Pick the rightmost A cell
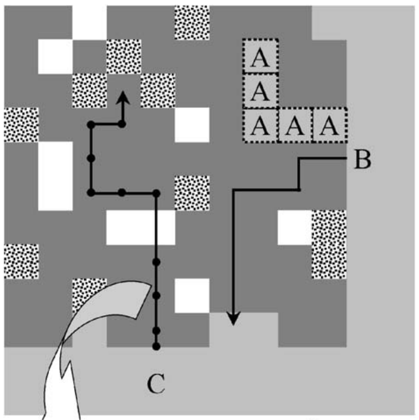pyautogui.click(x=329, y=126)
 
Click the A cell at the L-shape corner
pyautogui.click(x=260, y=126)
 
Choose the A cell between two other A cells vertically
pyautogui.click(x=260, y=92)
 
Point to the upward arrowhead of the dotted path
pyautogui.click(x=124, y=98)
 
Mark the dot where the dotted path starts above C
pyautogui.click(x=156, y=346)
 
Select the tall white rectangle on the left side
pyautogui.click(x=55, y=176)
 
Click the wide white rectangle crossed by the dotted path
pyautogui.click(x=140, y=227)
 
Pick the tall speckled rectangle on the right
pyautogui.click(x=329, y=244)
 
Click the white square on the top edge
pyautogui.click(x=89, y=20)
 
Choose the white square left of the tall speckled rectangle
pyautogui.click(x=295, y=227)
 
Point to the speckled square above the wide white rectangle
pyautogui.click(x=192, y=193)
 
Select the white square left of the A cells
pyautogui.click(x=192, y=125)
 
